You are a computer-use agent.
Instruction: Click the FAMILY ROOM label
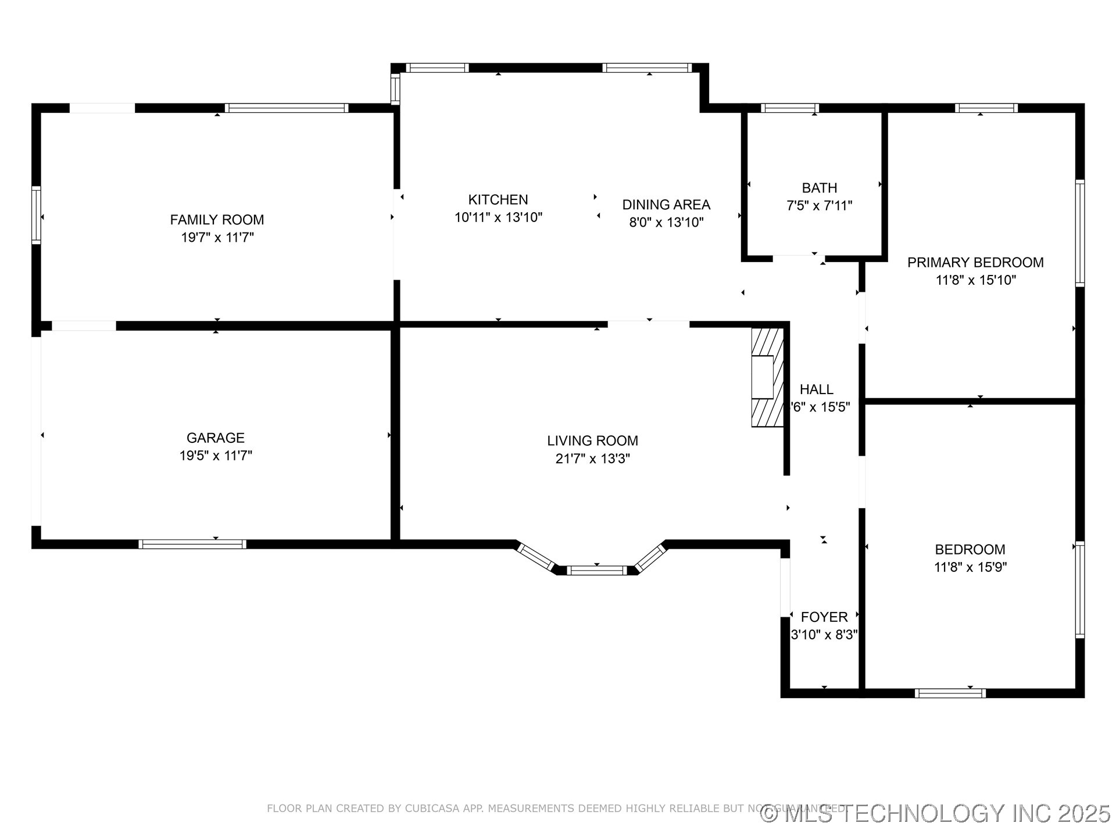coord(217,220)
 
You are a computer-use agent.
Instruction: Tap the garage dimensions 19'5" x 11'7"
coord(216,456)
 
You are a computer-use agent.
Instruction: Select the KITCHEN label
coord(498,200)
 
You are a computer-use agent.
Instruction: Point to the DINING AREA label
coord(666,205)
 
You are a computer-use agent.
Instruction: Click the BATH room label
coord(819,188)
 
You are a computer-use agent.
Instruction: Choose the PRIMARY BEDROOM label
coord(975,262)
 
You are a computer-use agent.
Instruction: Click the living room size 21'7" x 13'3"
coord(592,459)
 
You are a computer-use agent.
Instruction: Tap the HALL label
coord(816,389)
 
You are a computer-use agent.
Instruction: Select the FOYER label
coord(824,617)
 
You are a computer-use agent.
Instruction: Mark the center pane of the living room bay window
coord(597,570)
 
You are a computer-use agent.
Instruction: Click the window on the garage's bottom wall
coord(192,544)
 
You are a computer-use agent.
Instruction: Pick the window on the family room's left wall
coord(36,214)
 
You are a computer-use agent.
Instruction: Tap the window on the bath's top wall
coord(789,108)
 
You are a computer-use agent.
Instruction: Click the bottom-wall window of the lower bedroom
coord(950,693)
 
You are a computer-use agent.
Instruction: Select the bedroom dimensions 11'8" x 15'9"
coord(970,567)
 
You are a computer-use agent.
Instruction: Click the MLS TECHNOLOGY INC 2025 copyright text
coord(936,813)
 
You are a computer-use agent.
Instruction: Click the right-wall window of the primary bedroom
coord(1079,233)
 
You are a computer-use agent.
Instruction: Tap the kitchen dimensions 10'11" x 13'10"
coord(498,217)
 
